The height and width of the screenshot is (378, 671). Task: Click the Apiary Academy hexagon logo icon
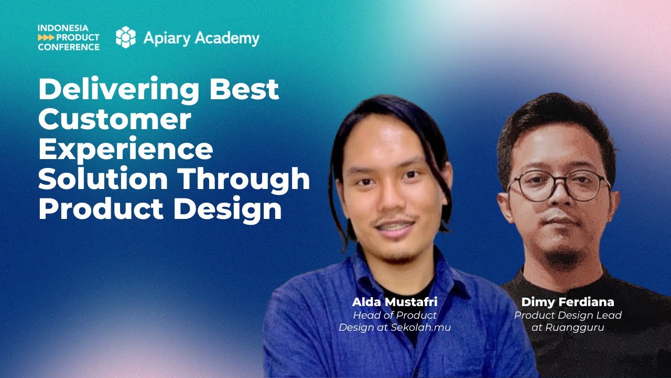pyautogui.click(x=125, y=37)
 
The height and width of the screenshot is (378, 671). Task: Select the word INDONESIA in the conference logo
pyautogui.click(x=63, y=28)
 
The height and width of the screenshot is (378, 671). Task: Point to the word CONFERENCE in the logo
pyautogui.click(x=69, y=47)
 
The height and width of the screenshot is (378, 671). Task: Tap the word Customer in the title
pyautogui.click(x=114, y=120)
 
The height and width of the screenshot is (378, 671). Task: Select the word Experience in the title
pyautogui.click(x=125, y=150)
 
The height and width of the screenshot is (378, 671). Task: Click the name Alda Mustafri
pyautogui.click(x=394, y=302)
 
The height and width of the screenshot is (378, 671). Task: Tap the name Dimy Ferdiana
pyautogui.click(x=567, y=302)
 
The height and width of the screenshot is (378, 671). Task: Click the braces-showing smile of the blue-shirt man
pyautogui.click(x=395, y=226)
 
